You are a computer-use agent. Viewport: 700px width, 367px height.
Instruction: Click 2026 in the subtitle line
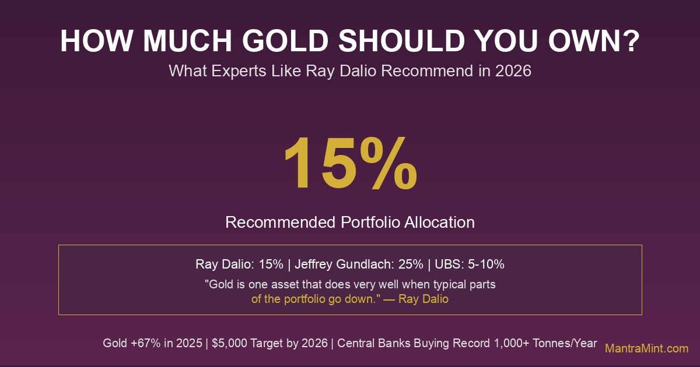click(513, 71)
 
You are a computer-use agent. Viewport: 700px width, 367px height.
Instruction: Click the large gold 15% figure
click(350, 164)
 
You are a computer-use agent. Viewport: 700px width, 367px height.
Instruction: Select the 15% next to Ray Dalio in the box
click(271, 264)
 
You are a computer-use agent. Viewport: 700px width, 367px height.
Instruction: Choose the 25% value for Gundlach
click(411, 264)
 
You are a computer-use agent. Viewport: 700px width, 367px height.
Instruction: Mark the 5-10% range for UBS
click(485, 264)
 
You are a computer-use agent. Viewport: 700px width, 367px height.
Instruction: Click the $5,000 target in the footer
click(227, 343)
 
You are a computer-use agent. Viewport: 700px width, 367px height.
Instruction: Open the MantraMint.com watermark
click(646, 348)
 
